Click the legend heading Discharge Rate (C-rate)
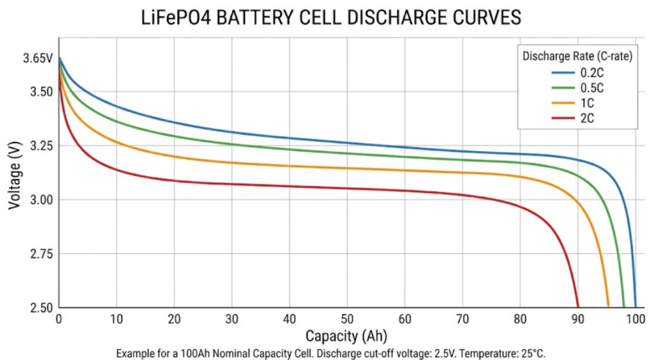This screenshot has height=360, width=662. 578,56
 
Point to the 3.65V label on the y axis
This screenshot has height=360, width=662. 37,59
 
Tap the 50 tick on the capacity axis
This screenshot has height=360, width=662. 347,319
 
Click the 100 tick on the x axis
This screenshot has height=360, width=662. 636,319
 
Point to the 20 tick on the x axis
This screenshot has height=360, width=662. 174,319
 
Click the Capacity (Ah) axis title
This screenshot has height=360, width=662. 346,336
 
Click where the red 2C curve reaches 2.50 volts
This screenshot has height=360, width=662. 578,307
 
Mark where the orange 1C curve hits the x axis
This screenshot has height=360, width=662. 608,307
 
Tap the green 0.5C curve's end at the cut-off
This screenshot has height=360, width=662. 623,307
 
